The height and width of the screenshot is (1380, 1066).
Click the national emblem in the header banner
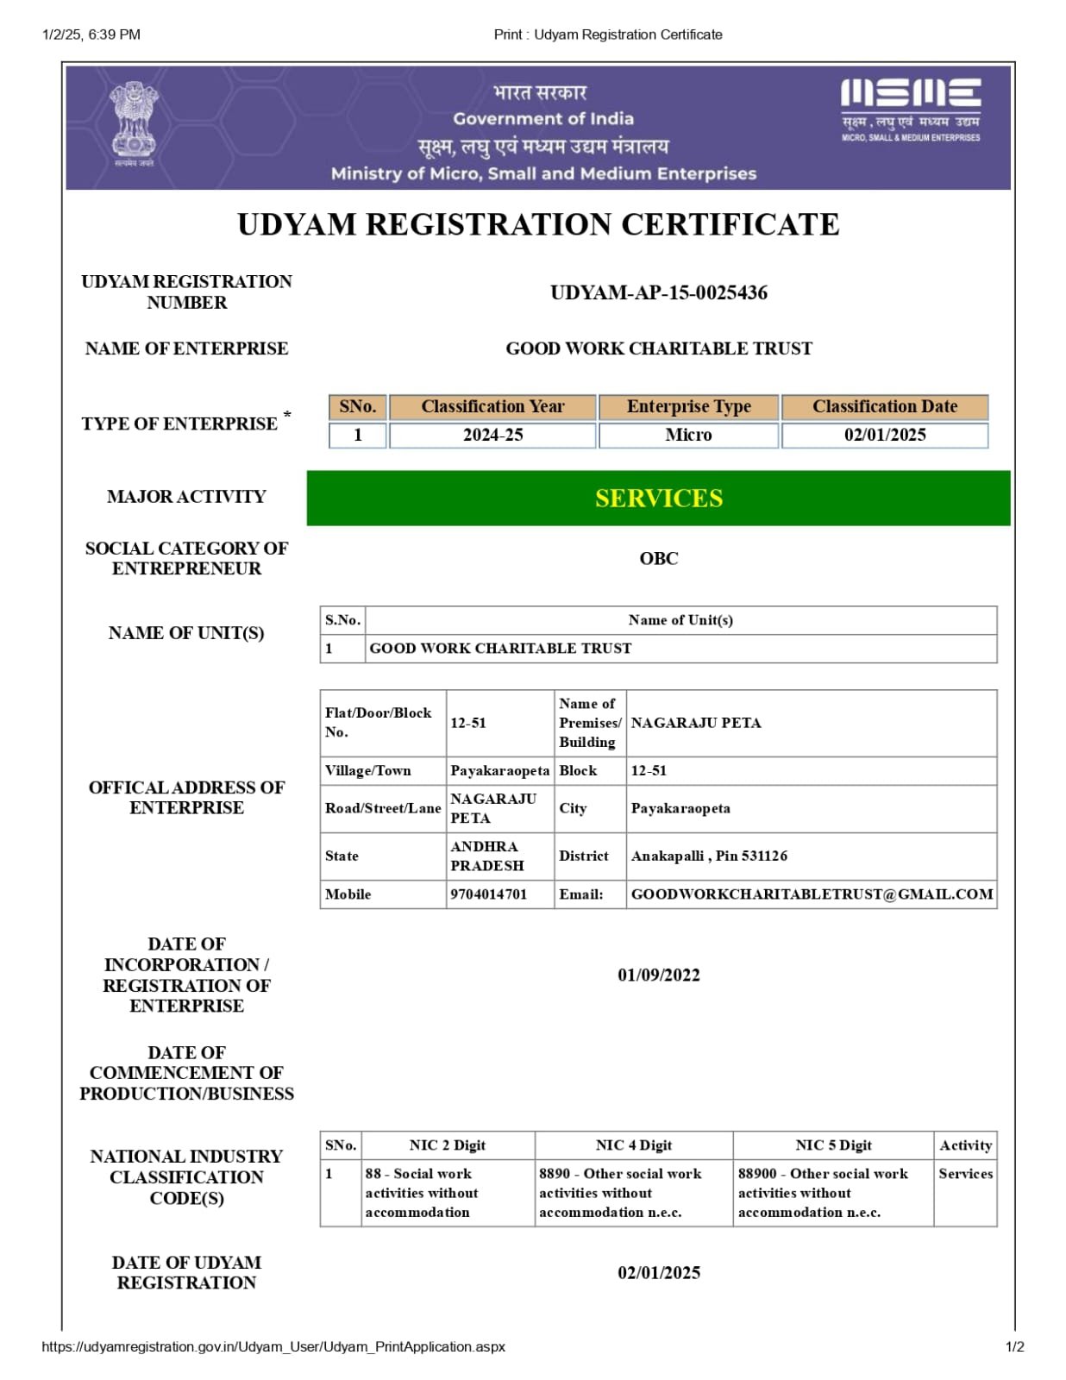(x=134, y=122)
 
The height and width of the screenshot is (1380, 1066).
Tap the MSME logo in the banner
(x=910, y=109)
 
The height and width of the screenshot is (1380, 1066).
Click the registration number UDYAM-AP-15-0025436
(x=658, y=293)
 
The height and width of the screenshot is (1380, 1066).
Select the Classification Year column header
(x=492, y=407)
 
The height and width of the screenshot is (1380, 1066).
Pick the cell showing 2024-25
(x=492, y=436)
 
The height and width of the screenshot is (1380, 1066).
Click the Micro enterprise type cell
(x=688, y=436)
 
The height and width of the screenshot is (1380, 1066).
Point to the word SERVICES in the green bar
(x=658, y=499)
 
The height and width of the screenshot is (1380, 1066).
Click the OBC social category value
(x=658, y=559)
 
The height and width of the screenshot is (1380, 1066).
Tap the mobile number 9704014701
(x=488, y=894)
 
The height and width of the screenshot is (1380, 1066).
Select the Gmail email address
(x=812, y=894)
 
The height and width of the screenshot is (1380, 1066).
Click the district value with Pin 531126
(x=709, y=856)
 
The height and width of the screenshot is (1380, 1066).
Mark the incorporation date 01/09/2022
(x=658, y=975)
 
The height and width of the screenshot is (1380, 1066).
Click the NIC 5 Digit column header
(x=833, y=1145)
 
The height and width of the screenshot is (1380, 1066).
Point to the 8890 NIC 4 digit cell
(x=620, y=1193)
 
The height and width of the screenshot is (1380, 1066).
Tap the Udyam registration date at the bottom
(x=658, y=1273)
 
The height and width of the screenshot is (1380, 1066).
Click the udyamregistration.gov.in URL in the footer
(x=273, y=1347)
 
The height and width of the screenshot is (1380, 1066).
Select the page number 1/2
(x=1014, y=1347)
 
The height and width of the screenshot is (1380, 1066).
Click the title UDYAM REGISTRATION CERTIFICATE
(x=538, y=225)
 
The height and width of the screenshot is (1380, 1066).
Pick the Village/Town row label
(x=368, y=771)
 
